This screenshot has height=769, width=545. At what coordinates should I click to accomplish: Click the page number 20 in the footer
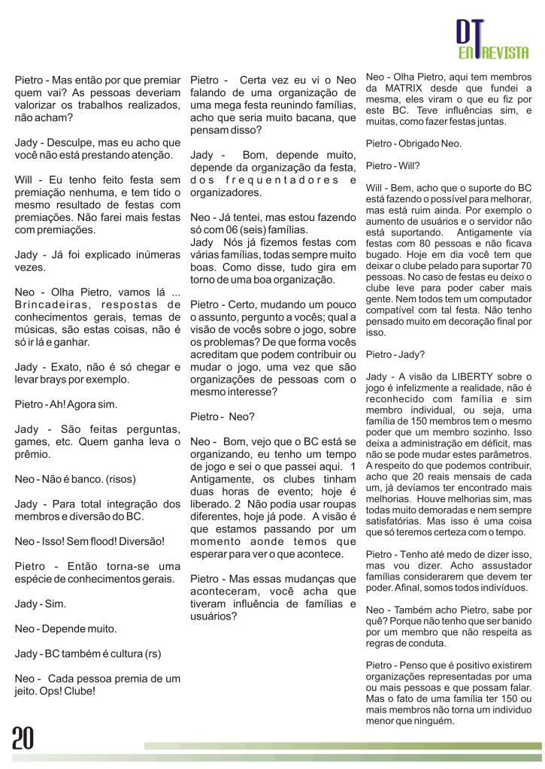point(23,739)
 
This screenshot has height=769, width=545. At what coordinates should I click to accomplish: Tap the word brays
point(62,380)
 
